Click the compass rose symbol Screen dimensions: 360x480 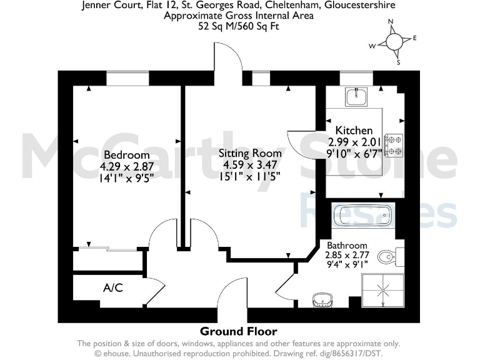[394, 41]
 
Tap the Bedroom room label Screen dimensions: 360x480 [127, 155]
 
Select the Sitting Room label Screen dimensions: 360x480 [249, 153]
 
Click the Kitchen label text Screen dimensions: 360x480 [354, 131]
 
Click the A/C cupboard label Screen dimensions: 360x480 [113, 288]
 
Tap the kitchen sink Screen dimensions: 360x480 [358, 97]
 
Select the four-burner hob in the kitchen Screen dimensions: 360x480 [394, 145]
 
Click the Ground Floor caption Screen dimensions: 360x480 [238, 331]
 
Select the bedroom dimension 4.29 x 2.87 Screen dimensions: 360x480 [127, 166]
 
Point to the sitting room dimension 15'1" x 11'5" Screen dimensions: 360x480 [249, 176]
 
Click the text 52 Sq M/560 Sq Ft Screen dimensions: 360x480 [239, 26]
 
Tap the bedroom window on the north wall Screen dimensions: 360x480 [127, 78]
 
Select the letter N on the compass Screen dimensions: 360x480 [391, 22]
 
